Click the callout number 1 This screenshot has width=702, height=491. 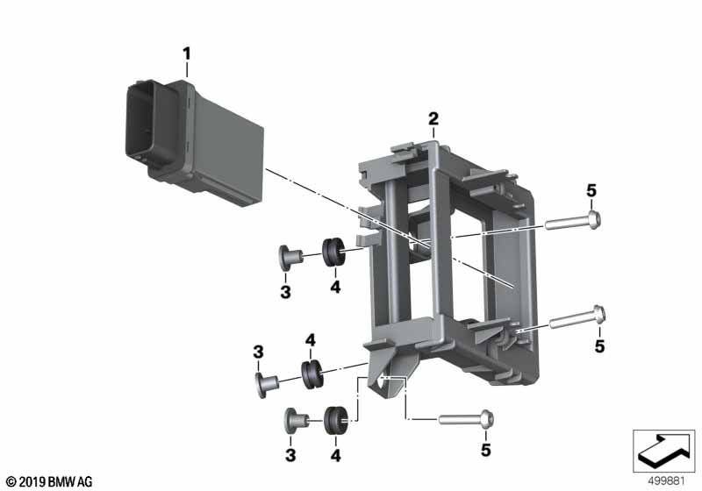pyautogui.click(x=186, y=54)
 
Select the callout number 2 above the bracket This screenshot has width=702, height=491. pyautogui.click(x=433, y=119)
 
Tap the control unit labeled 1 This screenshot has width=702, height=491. pyautogui.click(x=194, y=142)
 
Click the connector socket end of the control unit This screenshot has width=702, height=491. pyautogui.click(x=142, y=122)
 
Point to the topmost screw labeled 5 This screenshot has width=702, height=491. pyautogui.click(x=572, y=221)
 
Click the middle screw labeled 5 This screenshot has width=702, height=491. pyautogui.click(x=577, y=317)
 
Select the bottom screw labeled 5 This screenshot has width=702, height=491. pyautogui.click(x=467, y=419)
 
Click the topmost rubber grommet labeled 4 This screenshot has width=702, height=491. pyautogui.click(x=333, y=253)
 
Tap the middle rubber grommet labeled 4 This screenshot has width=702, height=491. pyautogui.click(x=311, y=374)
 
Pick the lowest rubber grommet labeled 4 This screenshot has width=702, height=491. pyautogui.click(x=335, y=420)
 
